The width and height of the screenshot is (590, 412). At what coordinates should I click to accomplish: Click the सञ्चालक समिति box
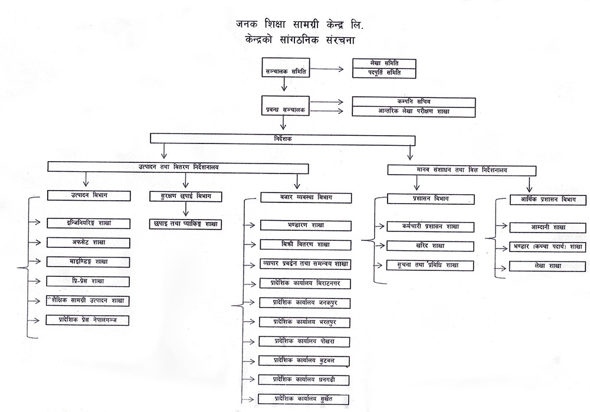point(285,70)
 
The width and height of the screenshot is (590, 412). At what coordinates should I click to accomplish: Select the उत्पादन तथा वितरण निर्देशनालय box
point(178,167)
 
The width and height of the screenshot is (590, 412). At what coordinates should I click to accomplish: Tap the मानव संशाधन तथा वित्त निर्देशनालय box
point(464,170)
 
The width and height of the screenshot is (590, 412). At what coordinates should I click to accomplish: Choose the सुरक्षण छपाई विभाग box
point(185,196)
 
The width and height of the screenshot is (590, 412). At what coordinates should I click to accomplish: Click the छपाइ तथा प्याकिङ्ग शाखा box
point(185,224)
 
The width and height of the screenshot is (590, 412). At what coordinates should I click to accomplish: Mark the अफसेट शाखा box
point(88,241)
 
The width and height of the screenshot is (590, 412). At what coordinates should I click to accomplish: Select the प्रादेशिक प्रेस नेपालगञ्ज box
point(88,320)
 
